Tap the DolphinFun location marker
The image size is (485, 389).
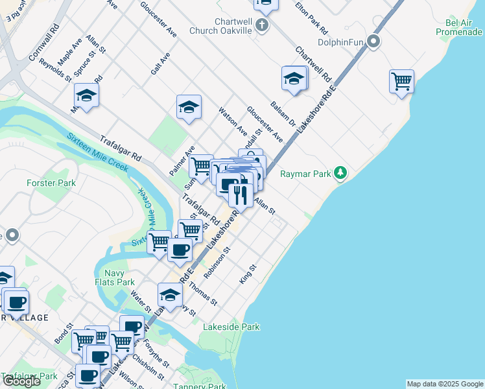(373, 42)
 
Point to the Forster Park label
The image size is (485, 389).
(51, 183)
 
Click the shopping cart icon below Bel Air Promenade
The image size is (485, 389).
(401, 81)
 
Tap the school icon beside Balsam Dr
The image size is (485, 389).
(294, 79)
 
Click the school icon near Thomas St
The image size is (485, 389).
(170, 294)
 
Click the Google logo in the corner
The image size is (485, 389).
(21, 381)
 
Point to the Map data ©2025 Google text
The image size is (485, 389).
(444, 384)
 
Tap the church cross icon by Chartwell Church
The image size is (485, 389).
(261, 25)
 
